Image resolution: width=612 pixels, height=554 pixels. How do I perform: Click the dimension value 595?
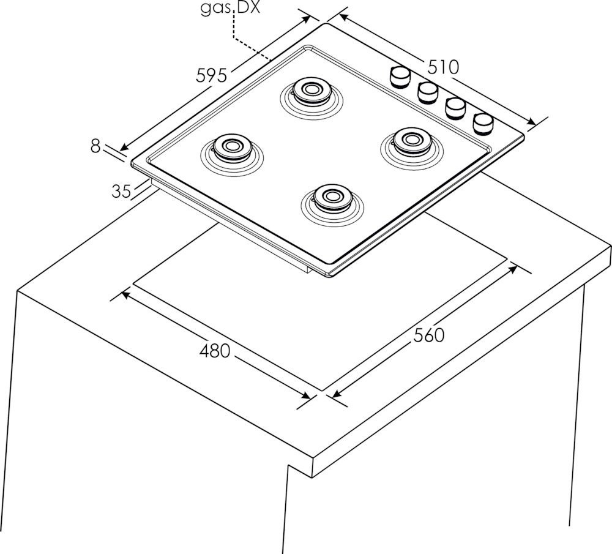click(212, 75)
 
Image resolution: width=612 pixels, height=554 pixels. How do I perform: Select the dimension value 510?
click(443, 66)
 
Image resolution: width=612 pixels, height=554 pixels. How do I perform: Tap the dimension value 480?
click(215, 351)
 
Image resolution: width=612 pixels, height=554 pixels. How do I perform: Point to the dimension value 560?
click(428, 335)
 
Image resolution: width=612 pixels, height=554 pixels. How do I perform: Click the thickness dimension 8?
click(95, 146)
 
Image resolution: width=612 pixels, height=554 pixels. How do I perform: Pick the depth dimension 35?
click(121, 191)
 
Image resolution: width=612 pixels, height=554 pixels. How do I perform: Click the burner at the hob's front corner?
click(331, 197)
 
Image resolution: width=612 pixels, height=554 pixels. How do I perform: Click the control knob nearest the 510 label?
click(400, 77)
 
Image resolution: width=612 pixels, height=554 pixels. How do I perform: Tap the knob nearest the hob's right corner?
click(483, 122)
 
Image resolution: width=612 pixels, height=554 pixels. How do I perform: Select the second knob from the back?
click(428, 92)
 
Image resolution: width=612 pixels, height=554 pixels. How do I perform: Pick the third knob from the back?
click(456, 107)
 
